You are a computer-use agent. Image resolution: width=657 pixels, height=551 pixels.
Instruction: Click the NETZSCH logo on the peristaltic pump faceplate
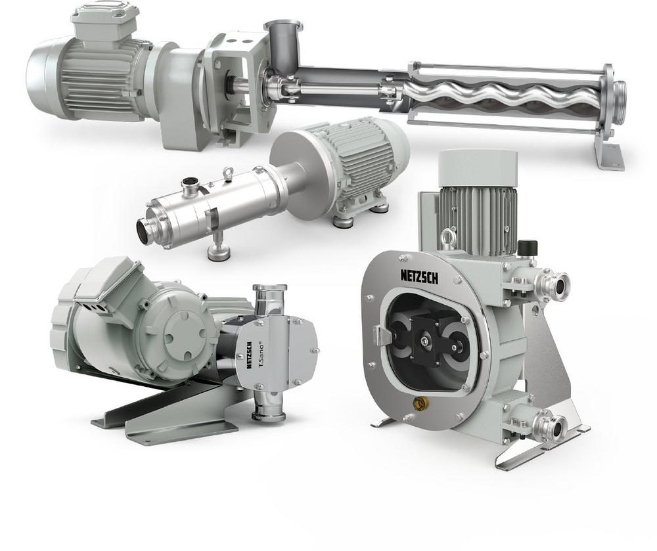pyautogui.click(x=419, y=276)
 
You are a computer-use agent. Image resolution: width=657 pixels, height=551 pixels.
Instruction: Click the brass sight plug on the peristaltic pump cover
pyautogui.click(x=418, y=403)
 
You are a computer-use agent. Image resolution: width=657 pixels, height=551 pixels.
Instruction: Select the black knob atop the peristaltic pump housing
pyautogui.click(x=527, y=247)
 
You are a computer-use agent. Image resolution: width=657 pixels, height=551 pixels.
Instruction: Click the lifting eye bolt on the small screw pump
pyautogui.click(x=229, y=173)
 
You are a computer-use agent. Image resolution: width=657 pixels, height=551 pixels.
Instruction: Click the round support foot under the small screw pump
pyautogui.click(x=219, y=250)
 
